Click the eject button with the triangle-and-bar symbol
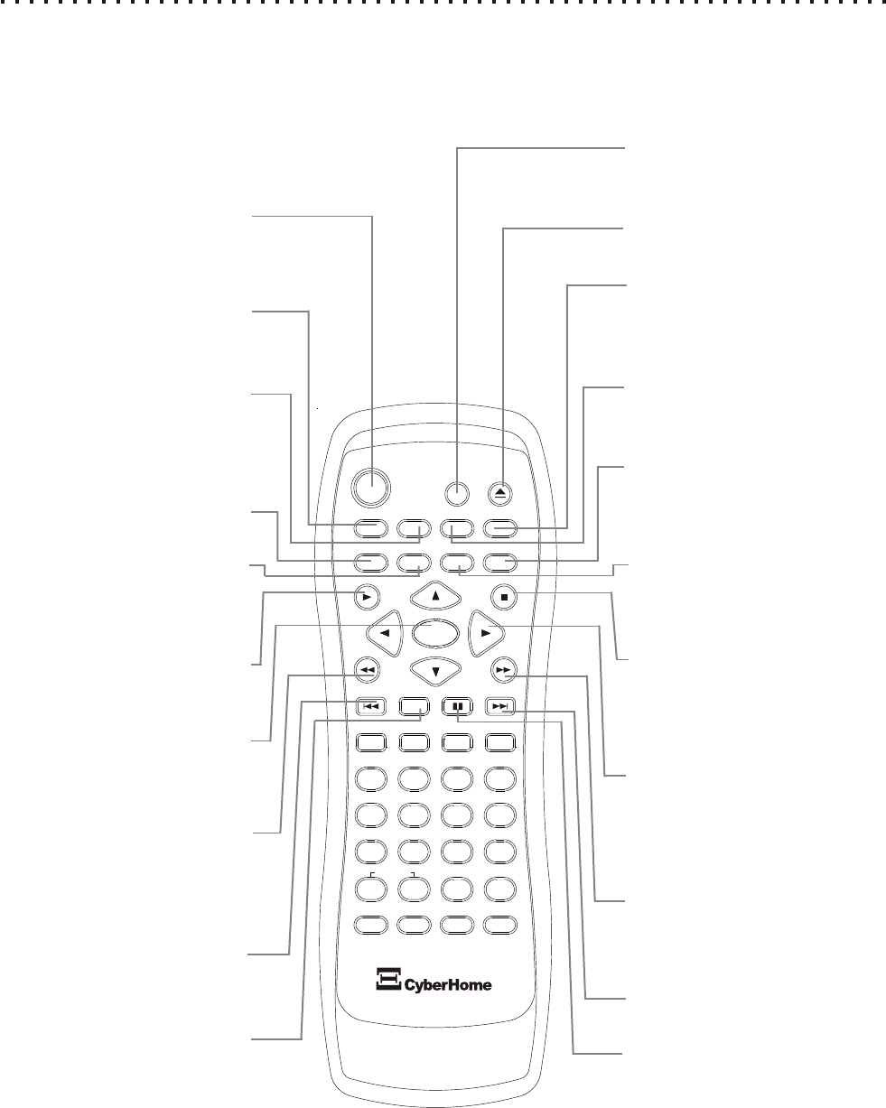[502, 493]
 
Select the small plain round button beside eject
[458, 493]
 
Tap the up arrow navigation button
[435, 595]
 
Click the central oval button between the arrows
[435, 633]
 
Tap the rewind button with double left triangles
[366, 669]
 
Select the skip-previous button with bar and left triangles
[370, 706]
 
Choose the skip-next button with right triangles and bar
[500, 706]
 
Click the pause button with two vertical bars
[457, 706]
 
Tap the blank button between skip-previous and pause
[414, 706]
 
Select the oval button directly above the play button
[370, 563]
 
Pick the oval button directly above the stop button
[500, 563]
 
